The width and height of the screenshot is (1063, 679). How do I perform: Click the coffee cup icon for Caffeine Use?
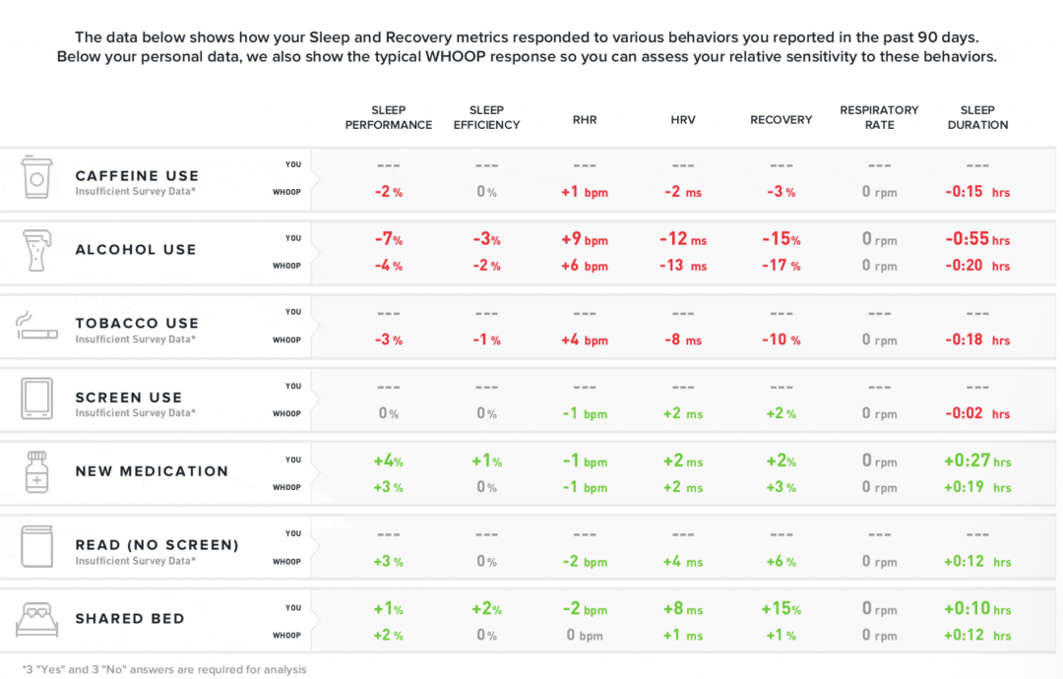click(36, 177)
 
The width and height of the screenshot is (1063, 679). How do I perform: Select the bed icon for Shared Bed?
click(36, 619)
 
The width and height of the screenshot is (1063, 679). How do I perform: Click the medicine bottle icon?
click(36, 471)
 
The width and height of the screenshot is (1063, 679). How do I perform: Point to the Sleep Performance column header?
click(389, 117)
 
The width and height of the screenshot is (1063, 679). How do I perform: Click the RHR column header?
click(585, 120)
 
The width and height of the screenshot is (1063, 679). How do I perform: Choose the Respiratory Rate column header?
click(879, 117)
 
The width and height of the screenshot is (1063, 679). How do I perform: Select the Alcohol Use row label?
click(136, 249)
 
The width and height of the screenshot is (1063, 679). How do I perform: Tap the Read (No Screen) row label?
click(157, 545)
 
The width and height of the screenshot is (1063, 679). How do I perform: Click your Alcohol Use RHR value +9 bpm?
click(585, 239)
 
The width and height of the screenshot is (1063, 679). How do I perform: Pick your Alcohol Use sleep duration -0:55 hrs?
click(977, 239)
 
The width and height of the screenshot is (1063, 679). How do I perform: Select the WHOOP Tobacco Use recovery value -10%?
click(781, 339)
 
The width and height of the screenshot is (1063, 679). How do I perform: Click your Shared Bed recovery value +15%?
click(781, 609)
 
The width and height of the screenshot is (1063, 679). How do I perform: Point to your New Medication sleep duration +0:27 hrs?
click(977, 462)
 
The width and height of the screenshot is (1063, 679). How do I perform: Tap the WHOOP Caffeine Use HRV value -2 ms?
click(683, 192)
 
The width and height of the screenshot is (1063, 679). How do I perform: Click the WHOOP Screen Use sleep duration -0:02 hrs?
click(977, 413)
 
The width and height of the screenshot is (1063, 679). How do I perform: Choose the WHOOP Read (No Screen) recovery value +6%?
click(781, 562)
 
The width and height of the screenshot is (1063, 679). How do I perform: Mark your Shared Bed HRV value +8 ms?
click(683, 609)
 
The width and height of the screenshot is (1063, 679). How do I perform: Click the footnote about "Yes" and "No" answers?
click(164, 669)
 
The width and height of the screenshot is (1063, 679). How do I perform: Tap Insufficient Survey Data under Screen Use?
click(136, 412)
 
